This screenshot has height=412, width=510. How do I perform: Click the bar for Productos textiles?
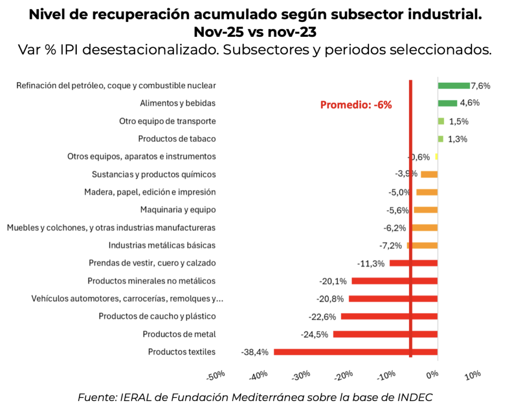coord(355,352)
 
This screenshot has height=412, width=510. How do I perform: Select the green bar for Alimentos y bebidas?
coord(447,103)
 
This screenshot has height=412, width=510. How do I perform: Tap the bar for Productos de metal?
coord(385,334)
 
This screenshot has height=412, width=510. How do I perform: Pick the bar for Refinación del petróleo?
coord(454,86)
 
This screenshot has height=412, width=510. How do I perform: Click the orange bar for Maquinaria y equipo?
coord(426,210)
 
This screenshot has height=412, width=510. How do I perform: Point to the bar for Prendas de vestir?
coord(413,263)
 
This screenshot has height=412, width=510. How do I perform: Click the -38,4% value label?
coord(255,352)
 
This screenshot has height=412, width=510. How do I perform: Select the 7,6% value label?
coord(481,86)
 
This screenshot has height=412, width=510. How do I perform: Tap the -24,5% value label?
coord(315,334)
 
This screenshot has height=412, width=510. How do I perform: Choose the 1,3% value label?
coord(458,139)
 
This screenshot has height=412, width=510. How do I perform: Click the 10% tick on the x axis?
coord(473,374)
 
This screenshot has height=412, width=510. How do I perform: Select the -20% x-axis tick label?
coord(344,375)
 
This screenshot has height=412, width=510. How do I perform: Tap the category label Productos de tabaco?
coord(177,139)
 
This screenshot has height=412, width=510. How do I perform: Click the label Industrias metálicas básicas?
coord(162,245)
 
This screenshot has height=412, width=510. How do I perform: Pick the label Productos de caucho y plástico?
coord(157,316)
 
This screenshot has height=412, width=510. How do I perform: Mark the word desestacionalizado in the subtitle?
coord(182,50)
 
